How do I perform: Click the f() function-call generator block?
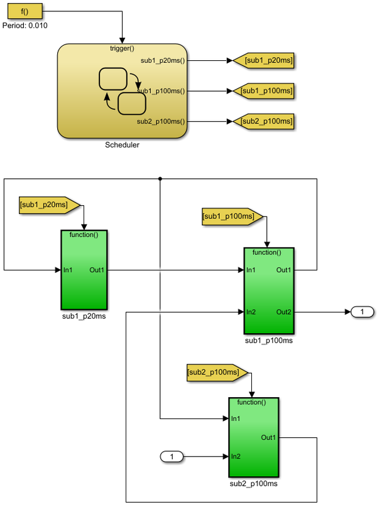coord(25,11)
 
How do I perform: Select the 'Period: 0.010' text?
coord(25,26)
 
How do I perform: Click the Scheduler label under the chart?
coord(123,145)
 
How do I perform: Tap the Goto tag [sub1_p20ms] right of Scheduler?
coord(264,61)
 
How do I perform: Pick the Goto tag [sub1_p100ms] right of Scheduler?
coord(264,91)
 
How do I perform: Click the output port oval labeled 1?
coord(361,312)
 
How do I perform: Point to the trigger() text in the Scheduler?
coord(123,48)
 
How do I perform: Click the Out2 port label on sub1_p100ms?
coord(283,312)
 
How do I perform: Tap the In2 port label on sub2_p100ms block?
coord(236,456)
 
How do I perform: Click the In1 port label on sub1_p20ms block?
coord(67,270)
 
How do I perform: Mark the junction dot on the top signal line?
coord(160,179)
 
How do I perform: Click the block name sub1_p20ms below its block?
coord(84,316)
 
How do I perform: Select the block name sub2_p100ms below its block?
coord(254,484)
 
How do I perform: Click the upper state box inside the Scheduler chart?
coord(113,79)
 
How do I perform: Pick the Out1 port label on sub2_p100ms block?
coord(268,437)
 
